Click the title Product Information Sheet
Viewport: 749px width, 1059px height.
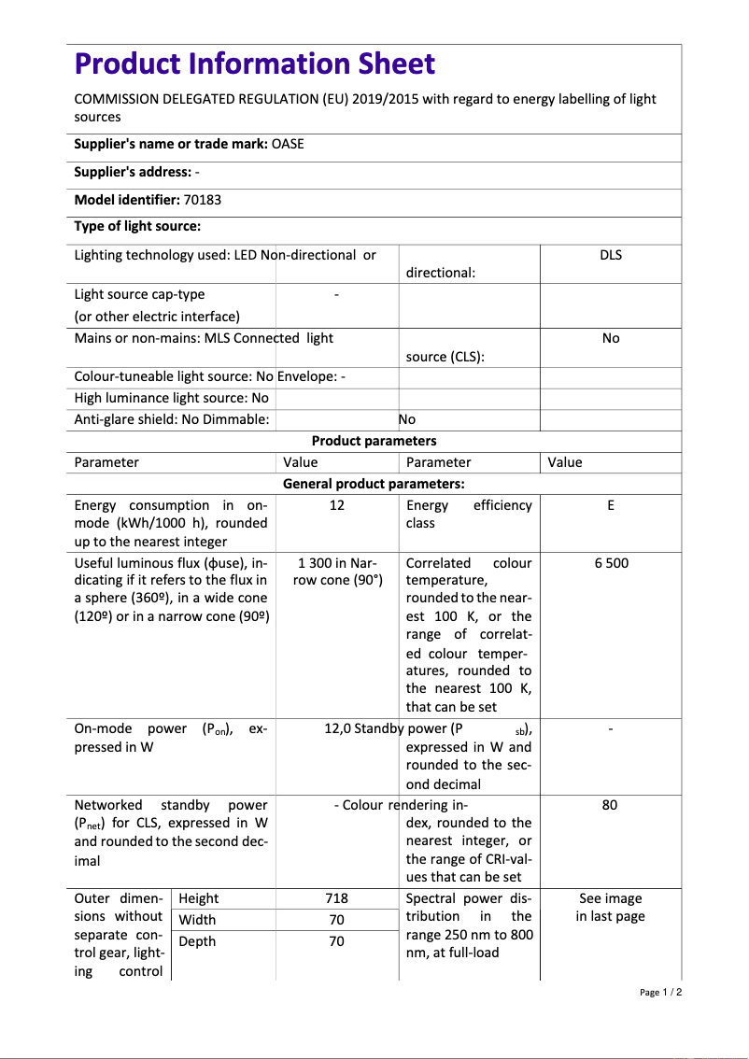[254, 64]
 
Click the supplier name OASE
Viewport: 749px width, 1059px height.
[288, 144]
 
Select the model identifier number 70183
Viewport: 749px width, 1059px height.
[203, 200]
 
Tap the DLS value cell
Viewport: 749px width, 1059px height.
[610, 255]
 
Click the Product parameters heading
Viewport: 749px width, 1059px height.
[374, 441]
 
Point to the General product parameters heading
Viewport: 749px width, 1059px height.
[374, 484]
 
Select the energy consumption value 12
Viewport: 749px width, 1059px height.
[337, 505]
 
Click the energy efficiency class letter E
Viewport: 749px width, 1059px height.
[610, 505]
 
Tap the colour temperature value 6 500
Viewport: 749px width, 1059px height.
[610, 563]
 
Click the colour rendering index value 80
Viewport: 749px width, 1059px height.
[610, 805]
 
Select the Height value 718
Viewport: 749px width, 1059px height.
[337, 898]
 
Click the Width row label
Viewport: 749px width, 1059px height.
[197, 920]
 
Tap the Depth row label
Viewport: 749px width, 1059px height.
[197, 941]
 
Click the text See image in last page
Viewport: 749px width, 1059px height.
[610, 908]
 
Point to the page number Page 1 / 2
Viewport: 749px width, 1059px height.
[661, 993]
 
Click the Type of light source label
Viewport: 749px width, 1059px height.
[137, 226]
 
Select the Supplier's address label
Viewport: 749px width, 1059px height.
[133, 172]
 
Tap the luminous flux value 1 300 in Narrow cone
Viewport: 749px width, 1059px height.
[337, 572]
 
